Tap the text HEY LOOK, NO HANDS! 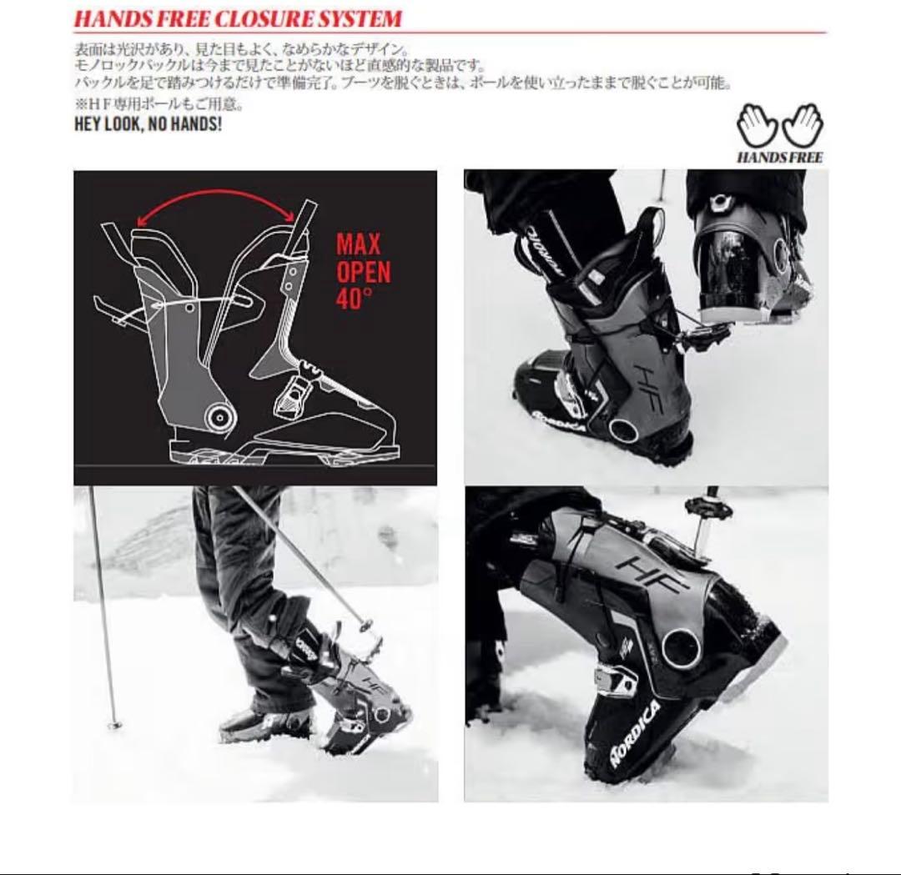point(148,124)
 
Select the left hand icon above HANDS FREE point(758,124)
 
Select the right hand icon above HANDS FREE point(803,124)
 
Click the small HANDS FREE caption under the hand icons point(780,157)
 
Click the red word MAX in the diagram point(359,244)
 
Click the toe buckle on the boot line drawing point(293,396)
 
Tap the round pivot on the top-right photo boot point(623,430)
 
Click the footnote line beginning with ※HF point(159,104)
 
